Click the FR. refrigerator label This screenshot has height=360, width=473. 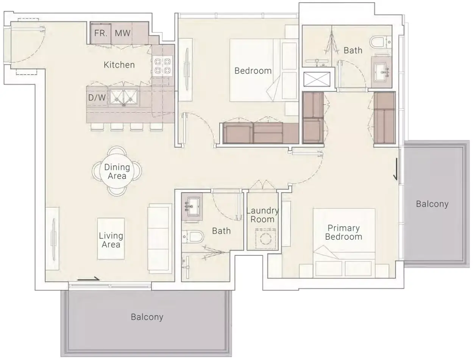[101, 33]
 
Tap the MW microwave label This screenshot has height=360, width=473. [123, 33]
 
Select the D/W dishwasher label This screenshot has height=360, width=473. [97, 98]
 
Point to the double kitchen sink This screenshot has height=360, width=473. [123, 98]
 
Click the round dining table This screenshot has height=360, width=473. [117, 171]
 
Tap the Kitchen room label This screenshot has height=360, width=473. [119, 65]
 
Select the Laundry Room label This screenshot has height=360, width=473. [262, 215]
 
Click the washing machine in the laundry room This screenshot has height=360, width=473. [265, 239]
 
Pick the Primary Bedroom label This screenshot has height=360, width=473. [343, 232]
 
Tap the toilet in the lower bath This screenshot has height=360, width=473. [193, 236]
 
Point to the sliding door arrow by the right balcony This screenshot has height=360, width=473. [396, 169]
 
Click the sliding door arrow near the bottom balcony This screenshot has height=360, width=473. [89, 279]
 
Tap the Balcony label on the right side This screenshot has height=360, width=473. [432, 204]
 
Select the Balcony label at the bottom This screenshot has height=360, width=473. [147, 317]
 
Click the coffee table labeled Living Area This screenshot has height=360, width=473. [111, 239]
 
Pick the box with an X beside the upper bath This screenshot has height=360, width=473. [317, 79]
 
